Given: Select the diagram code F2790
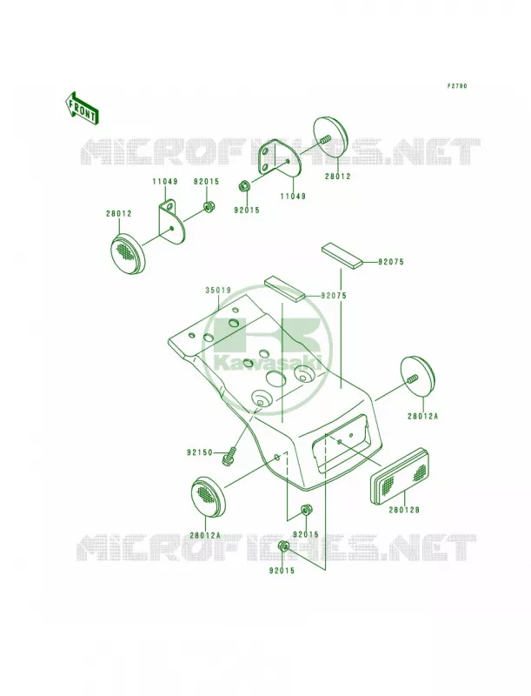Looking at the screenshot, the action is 456,86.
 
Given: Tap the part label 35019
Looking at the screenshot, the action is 217,291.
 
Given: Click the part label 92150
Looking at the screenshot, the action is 200,452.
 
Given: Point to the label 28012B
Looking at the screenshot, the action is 404,510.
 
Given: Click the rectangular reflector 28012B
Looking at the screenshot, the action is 401,476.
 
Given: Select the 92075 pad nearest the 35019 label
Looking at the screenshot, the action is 284,289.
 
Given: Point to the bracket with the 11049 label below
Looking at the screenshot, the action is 280,158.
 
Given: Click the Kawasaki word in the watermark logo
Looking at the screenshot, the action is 269,362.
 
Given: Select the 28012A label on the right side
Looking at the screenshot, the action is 423,417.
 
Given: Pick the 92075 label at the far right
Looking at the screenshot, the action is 390,262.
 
